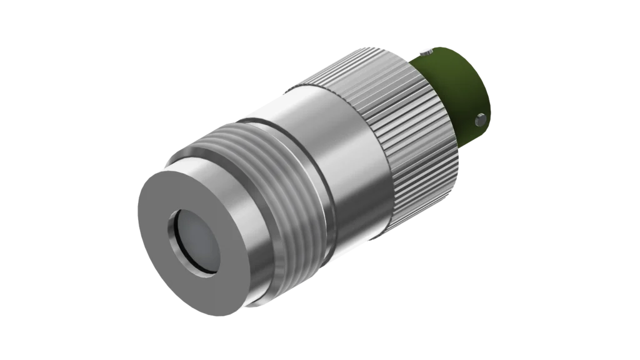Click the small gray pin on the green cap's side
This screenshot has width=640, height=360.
[x=480, y=117]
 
